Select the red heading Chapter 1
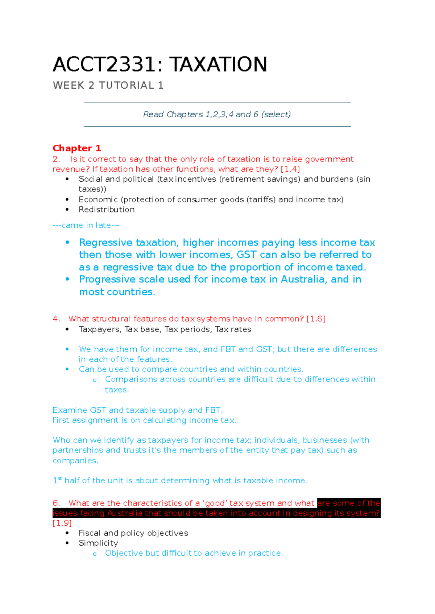tap(76, 148)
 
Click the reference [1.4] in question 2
tap(290, 169)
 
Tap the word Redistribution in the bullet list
tap(107, 210)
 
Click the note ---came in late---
tap(86, 225)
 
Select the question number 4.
tap(56, 319)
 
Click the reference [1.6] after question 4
tap(316, 319)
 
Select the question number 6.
tap(56, 503)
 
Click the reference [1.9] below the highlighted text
tap(62, 523)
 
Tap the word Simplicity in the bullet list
tap(98, 543)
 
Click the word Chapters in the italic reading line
tap(185, 115)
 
